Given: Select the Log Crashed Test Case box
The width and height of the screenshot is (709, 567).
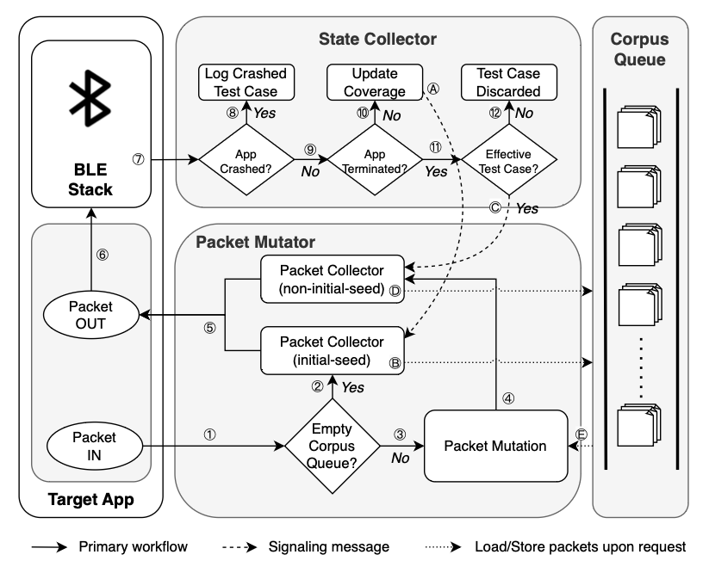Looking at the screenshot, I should [246, 82].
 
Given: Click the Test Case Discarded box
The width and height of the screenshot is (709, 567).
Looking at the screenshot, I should [507, 82].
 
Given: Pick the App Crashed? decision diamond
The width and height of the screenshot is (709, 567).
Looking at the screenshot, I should [246, 159].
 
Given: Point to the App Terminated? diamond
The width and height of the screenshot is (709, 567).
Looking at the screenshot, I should [374, 159].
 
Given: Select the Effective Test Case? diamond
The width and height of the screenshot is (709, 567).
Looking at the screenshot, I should [507, 159].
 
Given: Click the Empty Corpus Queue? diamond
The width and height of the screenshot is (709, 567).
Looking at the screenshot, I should [332, 447].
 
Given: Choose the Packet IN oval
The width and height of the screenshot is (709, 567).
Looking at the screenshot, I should [90, 447].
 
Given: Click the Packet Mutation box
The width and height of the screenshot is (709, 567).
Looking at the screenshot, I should [494, 447].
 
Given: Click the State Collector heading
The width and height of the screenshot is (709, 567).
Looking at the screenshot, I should [377, 39].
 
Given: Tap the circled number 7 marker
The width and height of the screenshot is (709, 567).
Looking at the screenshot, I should [137, 159].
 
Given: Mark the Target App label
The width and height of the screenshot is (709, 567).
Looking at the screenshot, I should [90, 499].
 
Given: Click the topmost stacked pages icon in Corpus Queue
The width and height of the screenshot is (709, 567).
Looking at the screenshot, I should [637, 124].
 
